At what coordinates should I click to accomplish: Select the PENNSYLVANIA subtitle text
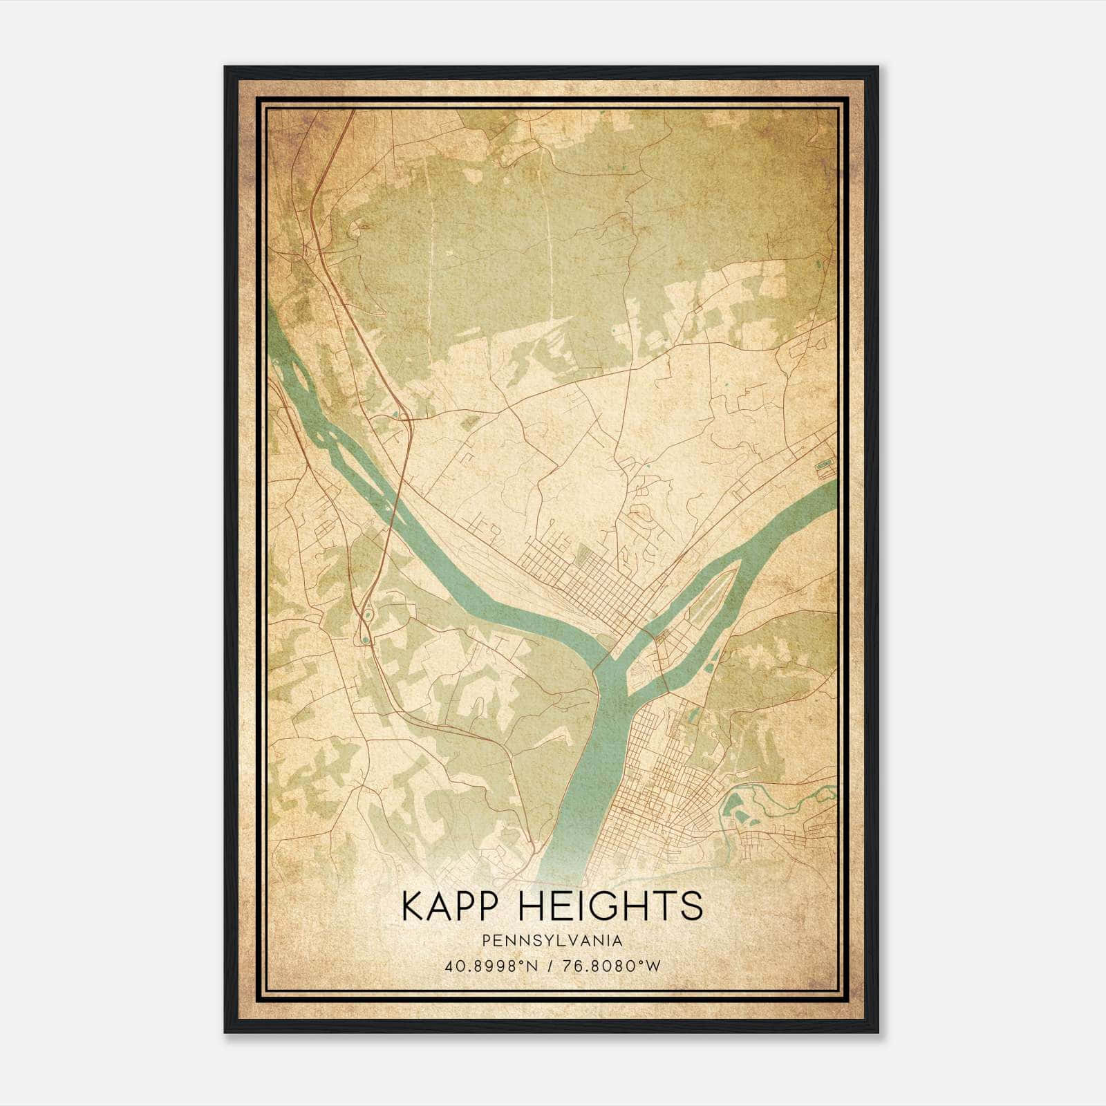tap(552, 941)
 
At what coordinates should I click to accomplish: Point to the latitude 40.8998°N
tap(491, 966)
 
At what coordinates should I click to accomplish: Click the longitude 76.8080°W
tap(613, 966)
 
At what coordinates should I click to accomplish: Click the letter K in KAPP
tap(413, 906)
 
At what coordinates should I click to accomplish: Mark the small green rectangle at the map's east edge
tap(824, 467)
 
